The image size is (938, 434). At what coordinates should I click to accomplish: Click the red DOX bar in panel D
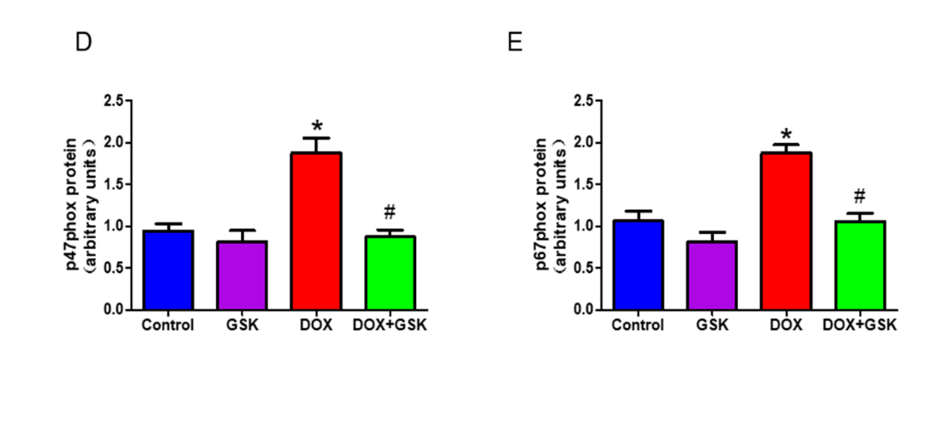(317, 231)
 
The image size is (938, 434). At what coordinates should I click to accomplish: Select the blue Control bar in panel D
(168, 269)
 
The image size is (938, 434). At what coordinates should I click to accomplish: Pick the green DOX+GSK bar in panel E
(859, 265)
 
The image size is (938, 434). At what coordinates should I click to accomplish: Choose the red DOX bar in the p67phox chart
(786, 231)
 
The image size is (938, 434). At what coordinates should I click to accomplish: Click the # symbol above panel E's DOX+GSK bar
(859, 197)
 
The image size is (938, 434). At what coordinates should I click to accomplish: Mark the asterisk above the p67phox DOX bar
(786, 134)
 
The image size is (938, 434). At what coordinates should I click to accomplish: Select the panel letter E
(515, 43)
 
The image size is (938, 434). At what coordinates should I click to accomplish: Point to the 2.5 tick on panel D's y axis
(113, 100)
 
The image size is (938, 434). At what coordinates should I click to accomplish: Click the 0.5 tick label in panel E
(582, 268)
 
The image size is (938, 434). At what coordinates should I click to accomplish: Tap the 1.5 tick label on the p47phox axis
(113, 184)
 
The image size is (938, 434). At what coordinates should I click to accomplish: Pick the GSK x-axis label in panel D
(242, 325)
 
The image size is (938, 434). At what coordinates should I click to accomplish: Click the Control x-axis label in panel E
(637, 325)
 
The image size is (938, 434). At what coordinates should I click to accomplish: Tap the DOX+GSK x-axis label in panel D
(390, 325)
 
